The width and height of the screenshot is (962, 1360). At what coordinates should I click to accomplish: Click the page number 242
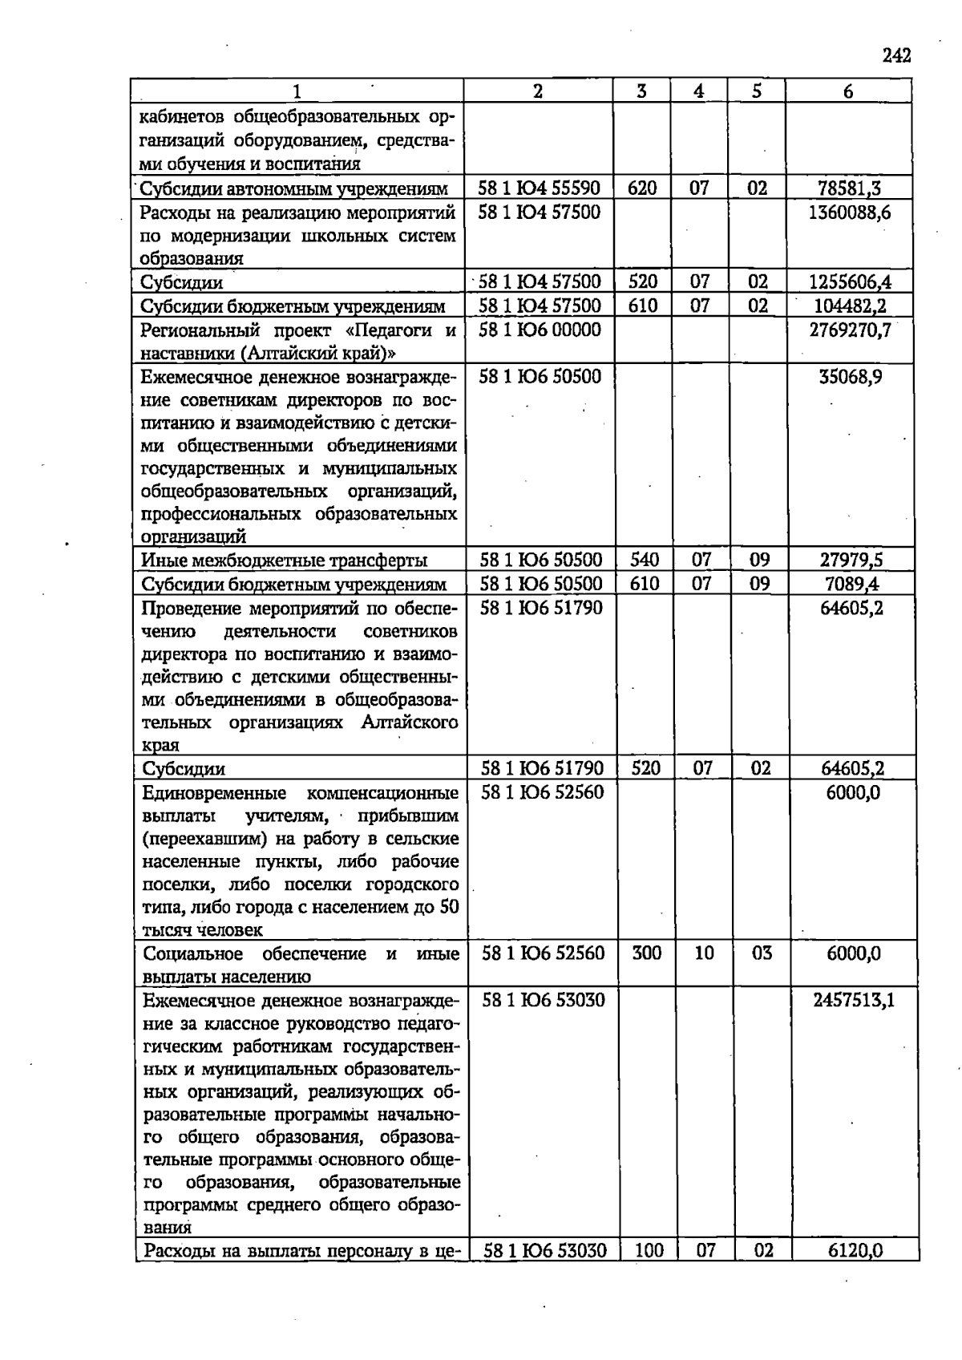896,55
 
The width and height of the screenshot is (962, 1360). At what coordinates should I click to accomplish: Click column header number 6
848,91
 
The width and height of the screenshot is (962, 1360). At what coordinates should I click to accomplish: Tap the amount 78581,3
849,189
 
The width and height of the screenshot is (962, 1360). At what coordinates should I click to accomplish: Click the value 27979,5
851,561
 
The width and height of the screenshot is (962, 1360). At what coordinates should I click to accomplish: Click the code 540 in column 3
645,561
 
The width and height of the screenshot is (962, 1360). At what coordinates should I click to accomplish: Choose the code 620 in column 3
642,189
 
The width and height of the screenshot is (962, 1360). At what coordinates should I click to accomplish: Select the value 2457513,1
853,1001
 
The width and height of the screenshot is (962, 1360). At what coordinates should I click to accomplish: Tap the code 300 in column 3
647,954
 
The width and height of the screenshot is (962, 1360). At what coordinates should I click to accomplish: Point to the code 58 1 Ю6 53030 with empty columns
543,1001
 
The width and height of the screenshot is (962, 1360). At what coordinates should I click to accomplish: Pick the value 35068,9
851,377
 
